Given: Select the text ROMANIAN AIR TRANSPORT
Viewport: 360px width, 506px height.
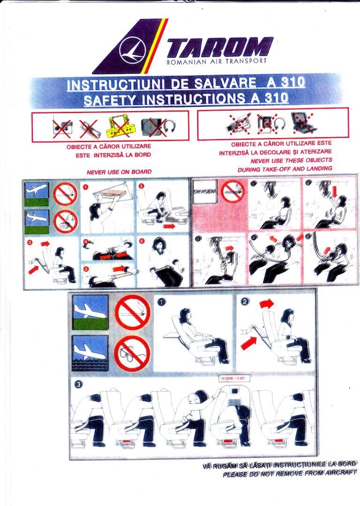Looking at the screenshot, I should pos(217,61).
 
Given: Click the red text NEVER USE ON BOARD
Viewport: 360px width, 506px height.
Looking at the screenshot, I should pos(119,172).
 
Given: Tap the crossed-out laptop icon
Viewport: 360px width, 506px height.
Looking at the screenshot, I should pos(300,122).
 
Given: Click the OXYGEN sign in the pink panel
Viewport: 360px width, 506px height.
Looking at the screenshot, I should pos(205,193).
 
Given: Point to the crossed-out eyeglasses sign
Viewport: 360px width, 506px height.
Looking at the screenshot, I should pos(132,353).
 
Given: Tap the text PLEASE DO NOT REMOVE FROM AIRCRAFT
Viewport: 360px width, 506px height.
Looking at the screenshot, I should pos(289,475).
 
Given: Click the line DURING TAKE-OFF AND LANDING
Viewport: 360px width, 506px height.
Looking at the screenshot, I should pos(285,168).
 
